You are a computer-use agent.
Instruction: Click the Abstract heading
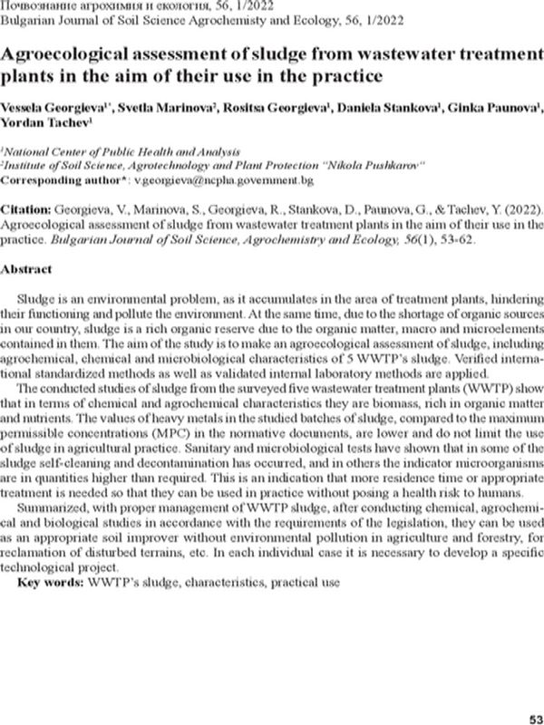pyautogui.click(x=31, y=269)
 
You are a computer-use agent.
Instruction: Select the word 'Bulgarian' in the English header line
pyautogui.click(x=26, y=22)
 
